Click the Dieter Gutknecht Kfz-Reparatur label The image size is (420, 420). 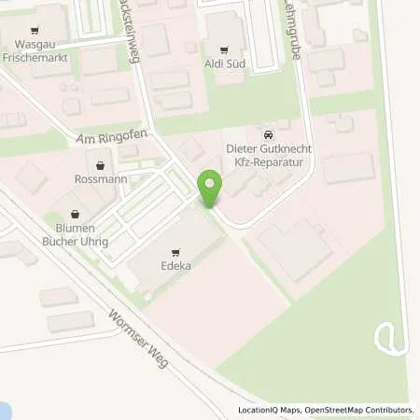270,156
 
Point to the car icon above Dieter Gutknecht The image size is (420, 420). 270,133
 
